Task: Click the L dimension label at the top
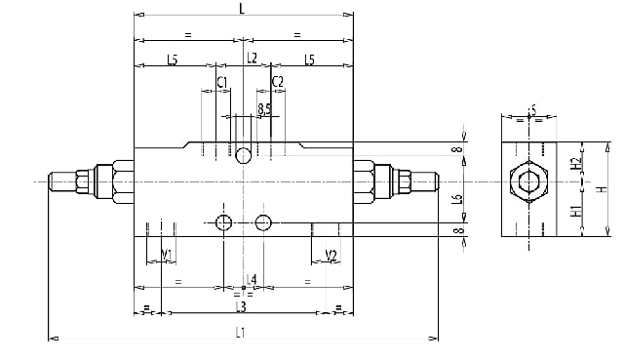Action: (242, 9)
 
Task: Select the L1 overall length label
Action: (240, 332)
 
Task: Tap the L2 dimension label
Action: (252, 58)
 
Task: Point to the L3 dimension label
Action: (241, 306)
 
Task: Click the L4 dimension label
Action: (252, 280)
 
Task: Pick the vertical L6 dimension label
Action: (457, 199)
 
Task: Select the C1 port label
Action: (222, 82)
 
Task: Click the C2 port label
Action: (277, 82)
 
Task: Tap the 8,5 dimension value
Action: (264, 108)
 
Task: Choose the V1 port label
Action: (167, 254)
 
